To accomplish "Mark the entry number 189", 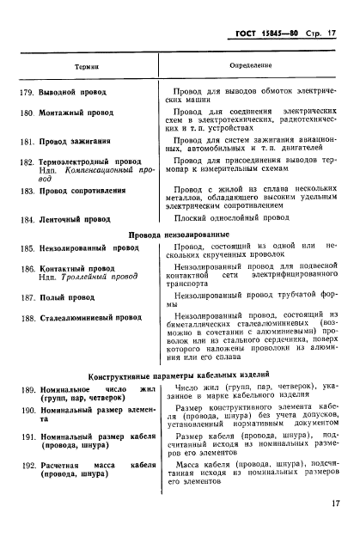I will click(26, 389).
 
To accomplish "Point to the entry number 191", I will click(26, 437).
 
